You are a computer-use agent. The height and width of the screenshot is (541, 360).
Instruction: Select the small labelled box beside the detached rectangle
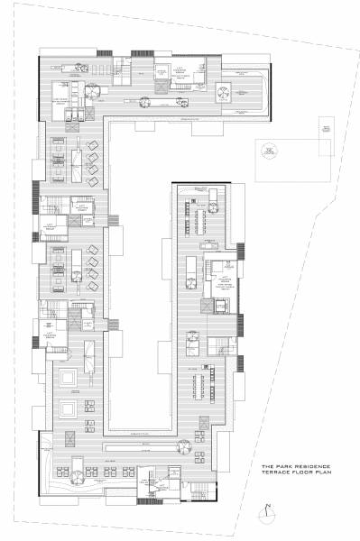pyautogui.click(x=327, y=131)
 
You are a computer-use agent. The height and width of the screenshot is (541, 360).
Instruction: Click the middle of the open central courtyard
pyautogui.click(x=138, y=270)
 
